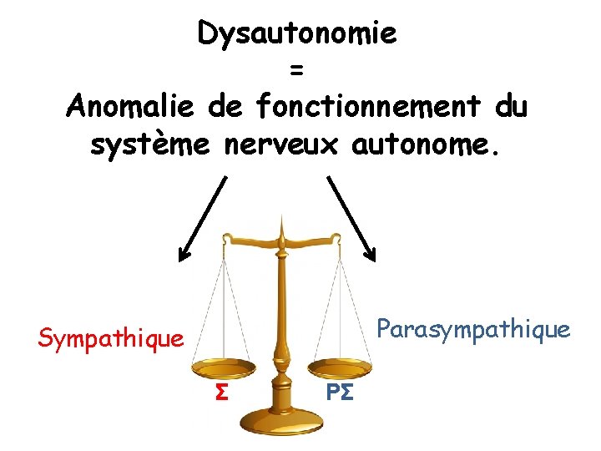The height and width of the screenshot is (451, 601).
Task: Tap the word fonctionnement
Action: (368, 107)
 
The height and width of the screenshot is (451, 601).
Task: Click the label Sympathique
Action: (110, 338)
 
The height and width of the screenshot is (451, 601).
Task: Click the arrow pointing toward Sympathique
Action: (202, 219)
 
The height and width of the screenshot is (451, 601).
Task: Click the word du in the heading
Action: (511, 107)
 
